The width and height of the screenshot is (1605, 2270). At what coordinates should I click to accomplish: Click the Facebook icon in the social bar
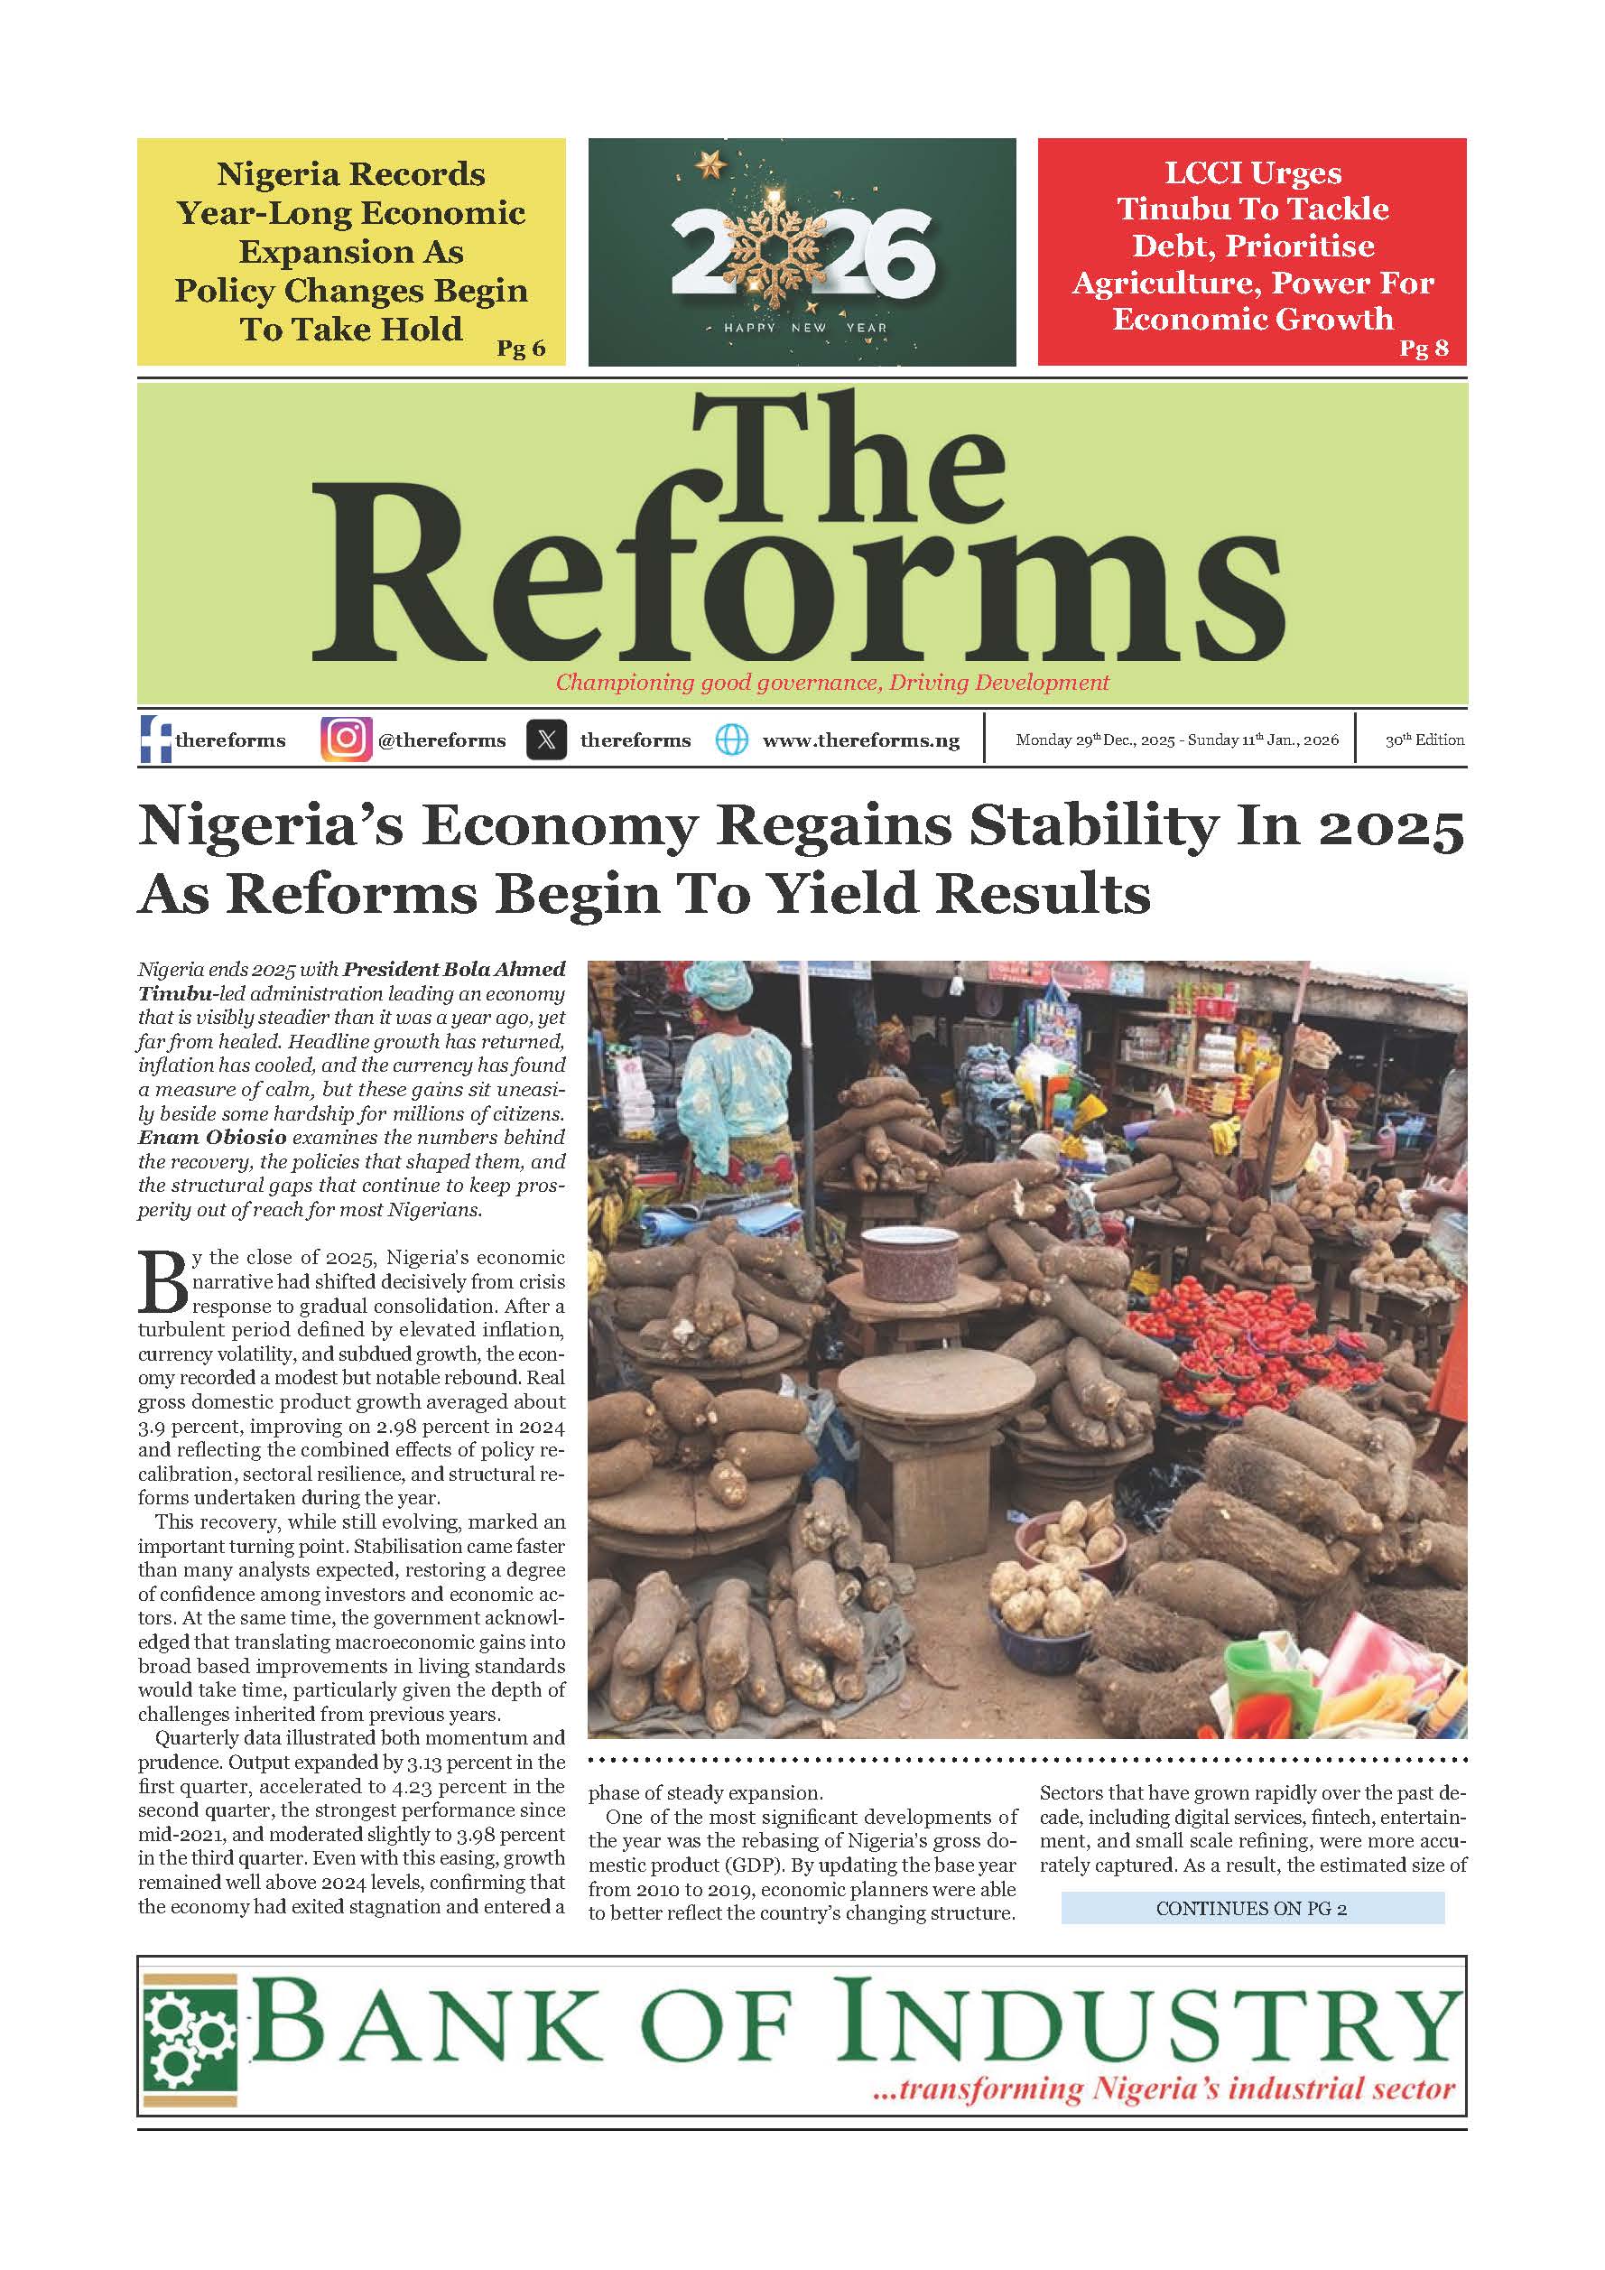[155, 740]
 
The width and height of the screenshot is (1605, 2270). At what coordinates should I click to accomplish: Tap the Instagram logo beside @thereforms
[346, 740]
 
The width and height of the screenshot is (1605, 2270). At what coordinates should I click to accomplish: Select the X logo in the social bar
[546, 740]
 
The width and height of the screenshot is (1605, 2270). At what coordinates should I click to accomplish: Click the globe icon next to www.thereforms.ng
[731, 740]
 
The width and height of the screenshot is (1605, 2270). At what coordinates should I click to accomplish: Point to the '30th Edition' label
[1424, 740]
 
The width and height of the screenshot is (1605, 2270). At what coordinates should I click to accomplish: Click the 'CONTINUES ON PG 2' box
[1251, 1908]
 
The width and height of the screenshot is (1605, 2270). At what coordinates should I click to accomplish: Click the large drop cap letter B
[162, 1283]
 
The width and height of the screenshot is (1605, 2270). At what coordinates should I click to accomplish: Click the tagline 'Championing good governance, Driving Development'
[832, 683]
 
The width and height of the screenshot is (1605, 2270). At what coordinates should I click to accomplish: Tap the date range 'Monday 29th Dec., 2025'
[1095, 740]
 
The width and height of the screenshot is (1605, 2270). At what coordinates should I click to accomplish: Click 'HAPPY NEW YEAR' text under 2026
[804, 327]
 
